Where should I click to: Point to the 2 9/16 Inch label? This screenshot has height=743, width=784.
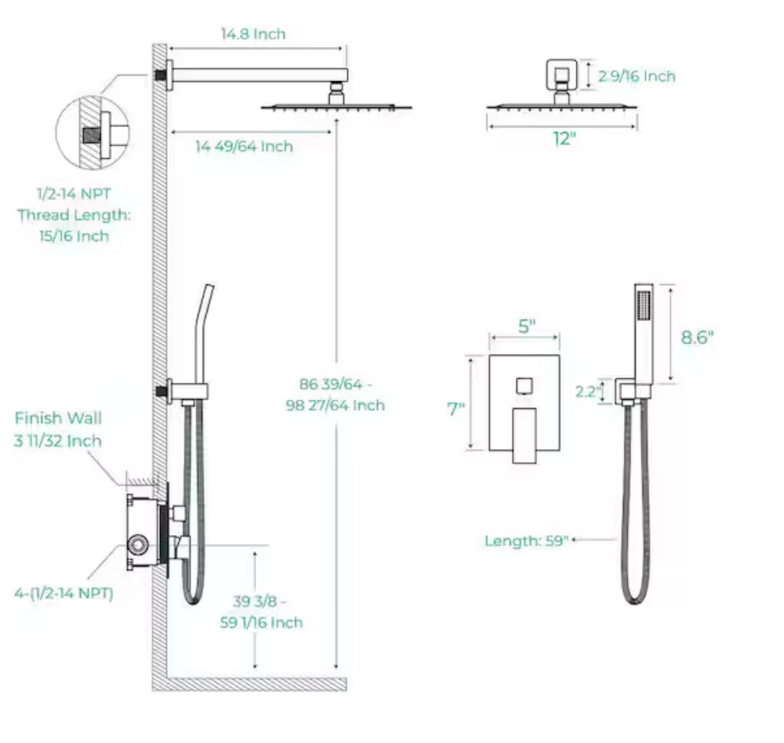point(636,76)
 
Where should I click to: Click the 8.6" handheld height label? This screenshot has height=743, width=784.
point(697,337)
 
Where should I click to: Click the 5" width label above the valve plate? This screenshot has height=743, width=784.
point(527,326)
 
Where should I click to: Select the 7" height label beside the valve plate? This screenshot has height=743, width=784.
point(456,408)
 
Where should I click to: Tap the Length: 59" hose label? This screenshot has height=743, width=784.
point(526,541)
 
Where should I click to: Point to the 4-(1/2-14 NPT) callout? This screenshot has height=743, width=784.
point(63,593)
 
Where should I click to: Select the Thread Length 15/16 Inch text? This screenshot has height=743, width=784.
point(74,225)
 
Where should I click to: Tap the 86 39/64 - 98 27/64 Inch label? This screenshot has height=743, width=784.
point(342,395)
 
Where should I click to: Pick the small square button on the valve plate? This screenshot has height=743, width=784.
point(524,386)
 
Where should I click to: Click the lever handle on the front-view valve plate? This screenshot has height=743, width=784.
point(523,434)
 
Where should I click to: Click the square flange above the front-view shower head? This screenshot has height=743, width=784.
point(561,75)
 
